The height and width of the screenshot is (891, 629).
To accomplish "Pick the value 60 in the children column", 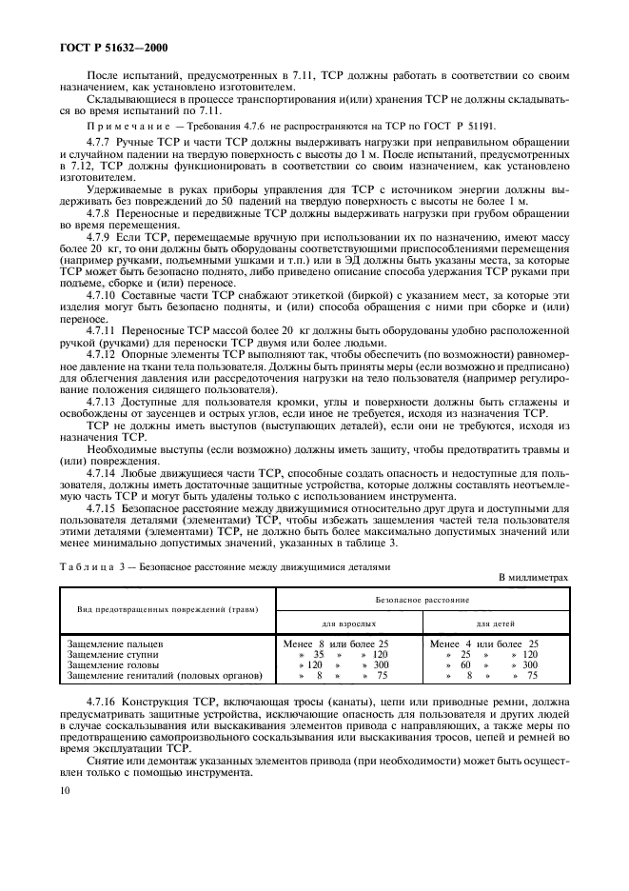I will click(x=466, y=664).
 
